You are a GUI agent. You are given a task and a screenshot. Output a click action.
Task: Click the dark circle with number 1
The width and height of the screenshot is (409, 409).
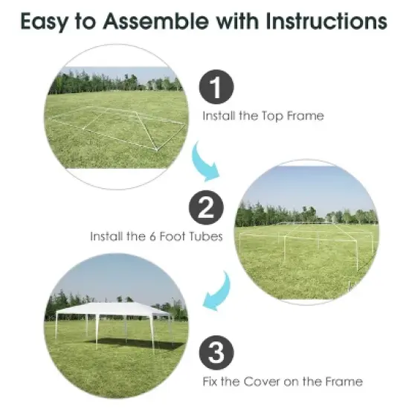pos(215,89)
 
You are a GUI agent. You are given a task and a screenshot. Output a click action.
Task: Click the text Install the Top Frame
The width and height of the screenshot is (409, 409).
pos(263,116)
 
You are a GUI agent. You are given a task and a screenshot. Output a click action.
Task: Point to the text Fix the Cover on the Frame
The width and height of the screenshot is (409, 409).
pos(283,381)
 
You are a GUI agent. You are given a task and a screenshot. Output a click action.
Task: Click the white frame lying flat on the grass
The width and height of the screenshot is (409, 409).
pos(119,126)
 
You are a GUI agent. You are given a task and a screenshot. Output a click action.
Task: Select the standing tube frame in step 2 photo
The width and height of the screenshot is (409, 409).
pos(305,242)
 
